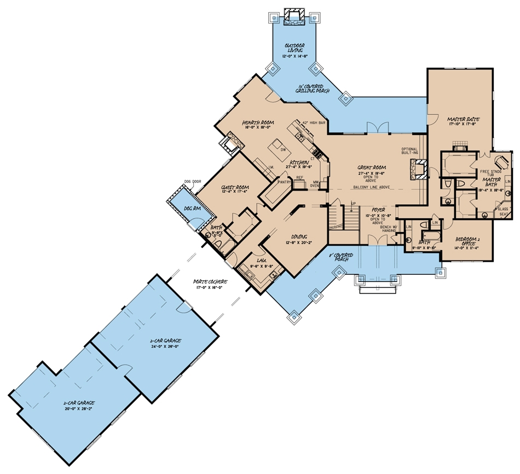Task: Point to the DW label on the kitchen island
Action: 284,149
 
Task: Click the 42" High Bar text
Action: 314,123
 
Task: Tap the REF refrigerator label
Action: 299,177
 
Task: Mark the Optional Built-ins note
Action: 410,152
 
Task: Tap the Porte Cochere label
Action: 211,282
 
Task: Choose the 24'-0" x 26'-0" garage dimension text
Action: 165,346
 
